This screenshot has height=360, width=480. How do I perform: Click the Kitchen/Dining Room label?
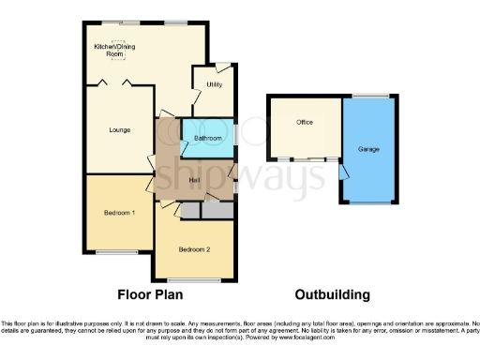click(109, 51)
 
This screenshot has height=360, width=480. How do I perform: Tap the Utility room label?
click(214, 84)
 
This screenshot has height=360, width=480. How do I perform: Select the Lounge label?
click(119, 129)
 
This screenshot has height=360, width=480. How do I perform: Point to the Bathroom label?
click(208, 139)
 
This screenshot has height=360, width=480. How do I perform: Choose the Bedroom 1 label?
click(119, 214)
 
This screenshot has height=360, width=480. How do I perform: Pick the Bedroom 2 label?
click(194, 248)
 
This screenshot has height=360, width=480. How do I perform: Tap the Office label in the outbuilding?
click(304, 123)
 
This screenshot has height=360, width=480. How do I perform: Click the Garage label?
click(368, 149)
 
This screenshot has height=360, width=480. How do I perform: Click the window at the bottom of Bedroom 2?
click(194, 279)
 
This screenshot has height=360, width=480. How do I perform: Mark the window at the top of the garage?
click(368, 96)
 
